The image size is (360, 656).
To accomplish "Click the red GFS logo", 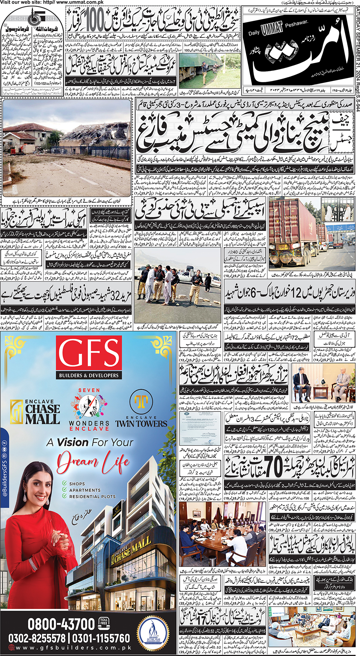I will coord(89,353).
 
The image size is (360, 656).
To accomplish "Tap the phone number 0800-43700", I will coord(61,624).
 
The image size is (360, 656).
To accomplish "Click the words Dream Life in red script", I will coord(93,462).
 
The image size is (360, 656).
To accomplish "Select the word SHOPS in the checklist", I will coord(77,484).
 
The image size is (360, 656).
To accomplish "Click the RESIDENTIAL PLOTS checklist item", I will coord(92,496).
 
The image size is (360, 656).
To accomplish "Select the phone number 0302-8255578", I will coord(37,638).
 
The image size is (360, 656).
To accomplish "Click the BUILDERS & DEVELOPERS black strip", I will coord(89,375).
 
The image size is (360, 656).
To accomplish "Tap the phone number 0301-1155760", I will coord(101,638).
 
